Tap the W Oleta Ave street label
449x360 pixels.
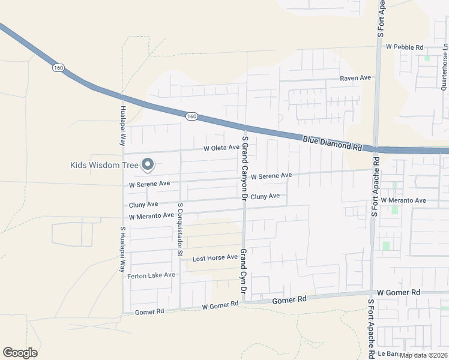point(221,148)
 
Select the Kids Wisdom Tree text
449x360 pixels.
point(104,165)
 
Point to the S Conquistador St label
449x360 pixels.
point(180,229)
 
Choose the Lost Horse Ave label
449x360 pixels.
point(215,258)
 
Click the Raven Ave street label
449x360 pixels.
point(355,78)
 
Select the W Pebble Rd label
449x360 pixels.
point(405,47)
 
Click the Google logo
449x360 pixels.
point(20,353)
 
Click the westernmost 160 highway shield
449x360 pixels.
point(58,68)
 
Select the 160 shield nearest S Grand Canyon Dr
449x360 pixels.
point(190,116)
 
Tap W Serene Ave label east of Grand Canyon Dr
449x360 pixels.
point(271,176)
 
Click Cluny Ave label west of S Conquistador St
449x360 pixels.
point(143,205)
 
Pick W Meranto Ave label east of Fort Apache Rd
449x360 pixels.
point(406,200)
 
